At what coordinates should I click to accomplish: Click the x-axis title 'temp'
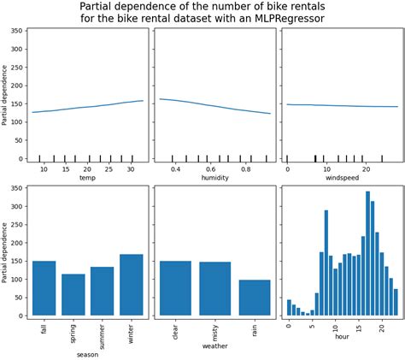coord(87,180)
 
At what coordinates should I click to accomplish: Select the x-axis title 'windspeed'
coord(341,180)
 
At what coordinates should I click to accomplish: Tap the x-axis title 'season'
coord(87,353)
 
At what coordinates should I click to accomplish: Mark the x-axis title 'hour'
coord(341,336)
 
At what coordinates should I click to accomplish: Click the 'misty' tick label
coord(215,330)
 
